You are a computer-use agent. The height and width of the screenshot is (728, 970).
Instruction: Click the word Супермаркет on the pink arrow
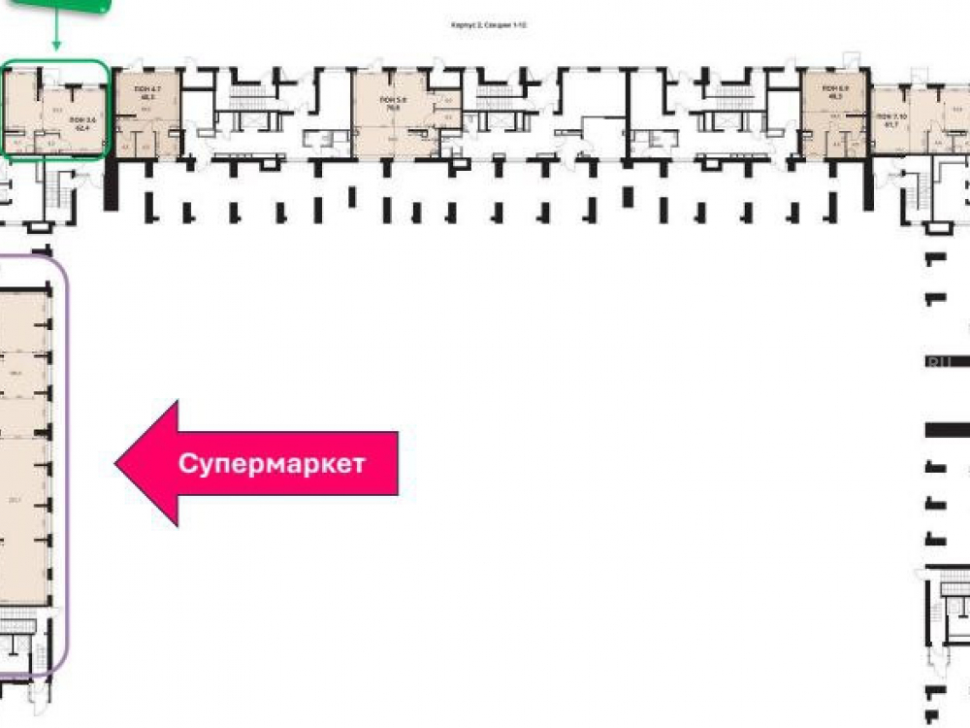pyautogui.click(x=272, y=463)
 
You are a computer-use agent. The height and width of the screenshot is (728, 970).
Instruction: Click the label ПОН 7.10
pyautogui.click(x=890, y=116)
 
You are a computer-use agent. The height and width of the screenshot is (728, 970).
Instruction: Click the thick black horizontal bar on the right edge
pyautogui.click(x=948, y=429)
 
